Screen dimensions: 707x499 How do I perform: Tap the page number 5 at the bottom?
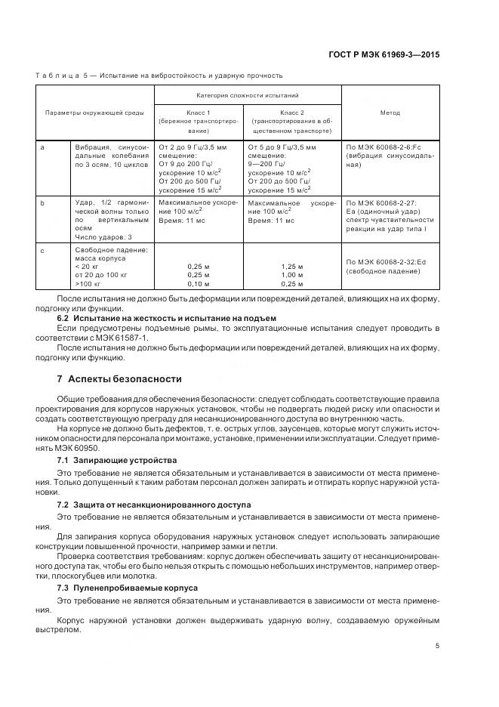[437, 644]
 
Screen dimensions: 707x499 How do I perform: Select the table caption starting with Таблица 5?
[159, 76]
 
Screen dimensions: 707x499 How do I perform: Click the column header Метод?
[390, 113]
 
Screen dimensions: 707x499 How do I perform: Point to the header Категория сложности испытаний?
[248, 96]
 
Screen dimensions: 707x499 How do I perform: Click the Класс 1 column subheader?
[199, 111]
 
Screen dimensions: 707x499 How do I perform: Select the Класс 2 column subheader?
[292, 111]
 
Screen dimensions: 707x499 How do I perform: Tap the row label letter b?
[43, 203]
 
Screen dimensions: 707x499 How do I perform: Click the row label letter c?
[43, 249]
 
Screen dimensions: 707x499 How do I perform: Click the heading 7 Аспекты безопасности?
[119, 378]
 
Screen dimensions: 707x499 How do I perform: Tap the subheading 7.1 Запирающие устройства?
[117, 459]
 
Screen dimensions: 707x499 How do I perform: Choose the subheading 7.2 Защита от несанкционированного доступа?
[155, 503]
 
